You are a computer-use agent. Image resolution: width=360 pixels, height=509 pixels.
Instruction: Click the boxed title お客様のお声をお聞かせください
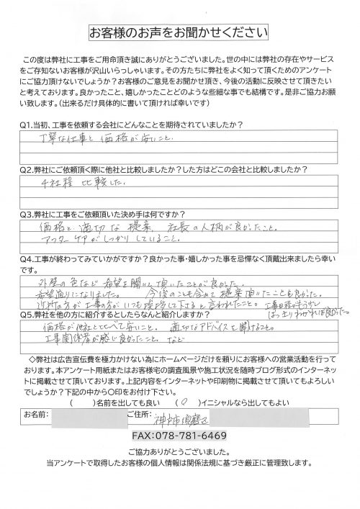pos(179,32)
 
